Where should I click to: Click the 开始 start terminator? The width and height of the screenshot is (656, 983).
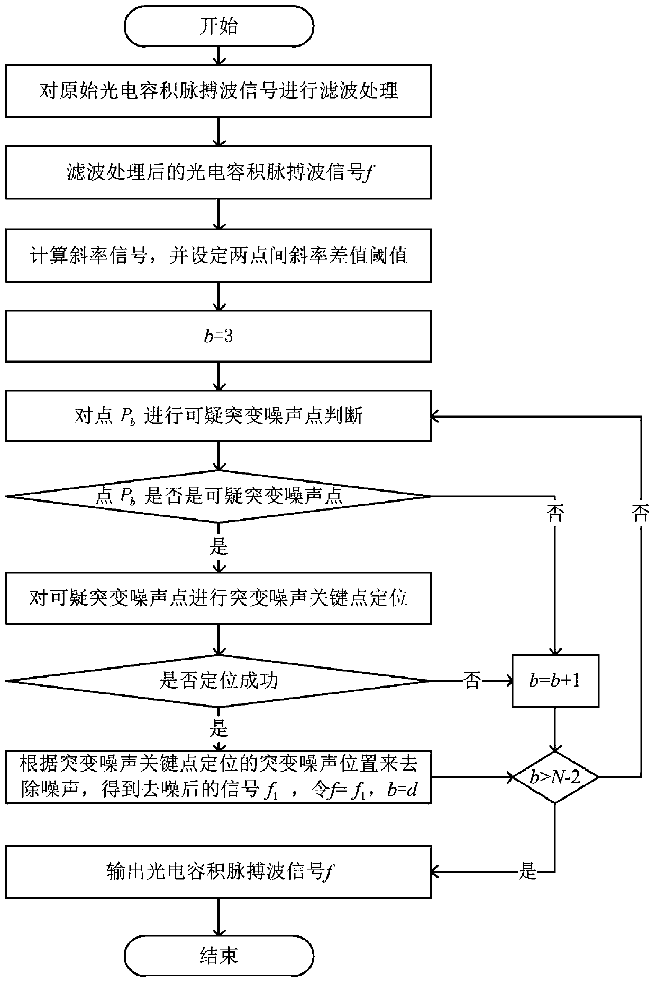click(218, 26)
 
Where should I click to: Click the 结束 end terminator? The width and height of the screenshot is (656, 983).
click(218, 955)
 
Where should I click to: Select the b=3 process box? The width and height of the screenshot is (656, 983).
click(218, 336)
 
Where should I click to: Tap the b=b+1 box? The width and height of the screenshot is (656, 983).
click(555, 681)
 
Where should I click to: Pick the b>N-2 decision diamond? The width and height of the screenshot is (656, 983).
click(555, 777)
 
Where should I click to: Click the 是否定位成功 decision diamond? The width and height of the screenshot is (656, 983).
click(218, 681)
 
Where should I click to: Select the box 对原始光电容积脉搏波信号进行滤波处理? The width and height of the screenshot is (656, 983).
click(218, 91)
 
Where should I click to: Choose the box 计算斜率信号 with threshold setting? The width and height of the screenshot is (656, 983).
click(218, 255)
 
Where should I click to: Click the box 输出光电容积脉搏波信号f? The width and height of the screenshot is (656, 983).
click(218, 871)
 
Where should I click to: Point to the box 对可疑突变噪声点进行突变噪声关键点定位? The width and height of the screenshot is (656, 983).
click(218, 598)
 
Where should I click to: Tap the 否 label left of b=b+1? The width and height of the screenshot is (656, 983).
click(472, 681)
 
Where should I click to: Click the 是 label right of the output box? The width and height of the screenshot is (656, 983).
click(527, 871)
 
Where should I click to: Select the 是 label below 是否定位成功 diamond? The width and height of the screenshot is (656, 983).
click(218, 729)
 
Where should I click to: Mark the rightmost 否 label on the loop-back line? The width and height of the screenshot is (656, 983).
click(640, 513)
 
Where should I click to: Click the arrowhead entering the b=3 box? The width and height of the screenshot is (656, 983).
click(218, 305)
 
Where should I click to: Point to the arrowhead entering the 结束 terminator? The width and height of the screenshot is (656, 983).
click(218, 932)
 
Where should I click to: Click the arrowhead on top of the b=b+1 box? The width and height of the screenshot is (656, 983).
click(555, 650)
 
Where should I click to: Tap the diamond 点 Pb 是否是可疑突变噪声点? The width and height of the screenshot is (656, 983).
click(218, 496)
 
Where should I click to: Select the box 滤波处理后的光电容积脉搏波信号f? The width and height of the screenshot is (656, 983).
click(218, 172)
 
